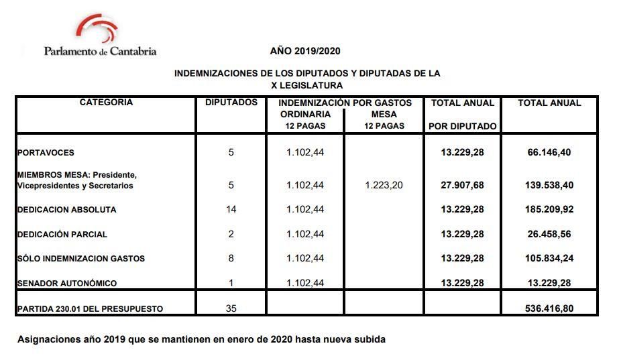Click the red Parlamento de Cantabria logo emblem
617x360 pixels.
tap(97, 28)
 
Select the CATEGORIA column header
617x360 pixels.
tap(106, 103)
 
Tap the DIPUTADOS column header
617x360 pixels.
tap(231, 103)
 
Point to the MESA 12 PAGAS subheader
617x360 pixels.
tap(384, 120)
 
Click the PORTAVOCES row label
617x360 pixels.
tap(46, 153)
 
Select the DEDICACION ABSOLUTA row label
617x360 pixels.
tap(67, 210)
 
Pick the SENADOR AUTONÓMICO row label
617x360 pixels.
tap(67, 284)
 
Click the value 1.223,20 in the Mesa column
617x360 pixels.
tap(384, 185)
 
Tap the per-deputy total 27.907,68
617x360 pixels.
tap(462, 185)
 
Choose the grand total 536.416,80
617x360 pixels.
tap(549, 309)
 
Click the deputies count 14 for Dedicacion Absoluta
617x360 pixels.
tap(231, 210)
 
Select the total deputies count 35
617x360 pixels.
tap(231, 309)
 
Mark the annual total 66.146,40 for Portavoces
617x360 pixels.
tap(549, 153)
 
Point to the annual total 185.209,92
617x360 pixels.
tap(549, 210)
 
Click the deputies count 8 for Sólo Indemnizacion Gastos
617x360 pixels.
tap(231, 259)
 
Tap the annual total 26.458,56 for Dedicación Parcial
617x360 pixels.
tap(549, 235)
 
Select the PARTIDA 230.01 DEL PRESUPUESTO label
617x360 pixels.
tap(91, 309)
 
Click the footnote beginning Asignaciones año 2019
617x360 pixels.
tap(201, 339)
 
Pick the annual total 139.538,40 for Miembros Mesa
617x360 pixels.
tap(549, 185)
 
